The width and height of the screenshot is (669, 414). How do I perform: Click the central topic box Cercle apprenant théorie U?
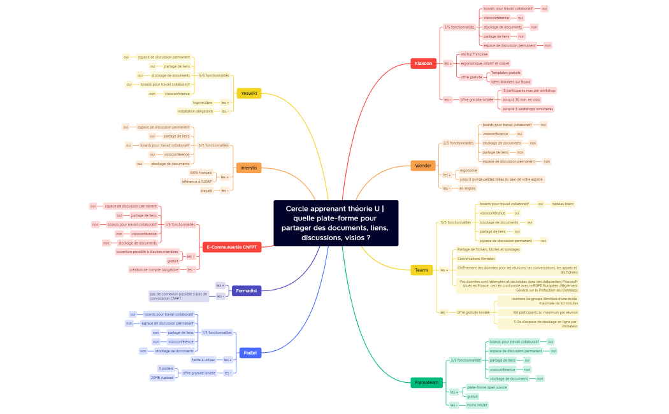click(x=336, y=223)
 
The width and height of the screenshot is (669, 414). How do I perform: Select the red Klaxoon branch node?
click(x=423, y=63)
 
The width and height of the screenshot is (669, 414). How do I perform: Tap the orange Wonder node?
click(x=423, y=166)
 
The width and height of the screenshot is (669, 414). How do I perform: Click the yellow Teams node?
click(x=421, y=270)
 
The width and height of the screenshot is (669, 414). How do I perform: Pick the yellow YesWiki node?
click(x=248, y=93)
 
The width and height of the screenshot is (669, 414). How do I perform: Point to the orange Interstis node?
click(x=248, y=168)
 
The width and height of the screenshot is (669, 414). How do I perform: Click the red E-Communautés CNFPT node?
click(x=233, y=247)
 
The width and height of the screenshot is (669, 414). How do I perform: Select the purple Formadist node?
click(x=246, y=290)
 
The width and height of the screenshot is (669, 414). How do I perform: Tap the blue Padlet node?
click(x=250, y=352)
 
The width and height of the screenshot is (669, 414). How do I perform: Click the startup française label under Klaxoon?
click(x=474, y=54)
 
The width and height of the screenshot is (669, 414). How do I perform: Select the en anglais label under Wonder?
click(x=468, y=188)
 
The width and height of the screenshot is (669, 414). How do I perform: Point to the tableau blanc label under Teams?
click(x=563, y=204)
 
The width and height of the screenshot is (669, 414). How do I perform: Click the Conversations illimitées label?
click(x=476, y=259)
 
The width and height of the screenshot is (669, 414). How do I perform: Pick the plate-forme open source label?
click(x=487, y=387)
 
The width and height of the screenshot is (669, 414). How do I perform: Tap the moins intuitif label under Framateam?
click(x=477, y=404)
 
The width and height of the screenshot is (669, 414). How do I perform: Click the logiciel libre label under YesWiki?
click(x=203, y=102)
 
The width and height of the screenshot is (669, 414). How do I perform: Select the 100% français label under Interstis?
click(x=201, y=173)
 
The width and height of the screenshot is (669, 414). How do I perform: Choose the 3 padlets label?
click(x=166, y=368)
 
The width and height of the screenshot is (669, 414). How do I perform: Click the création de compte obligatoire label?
click(x=154, y=269)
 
